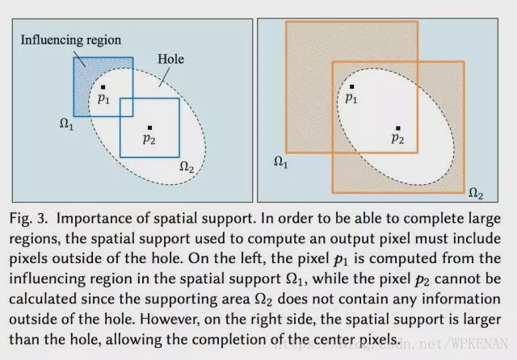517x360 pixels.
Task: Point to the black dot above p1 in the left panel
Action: (x=103, y=86)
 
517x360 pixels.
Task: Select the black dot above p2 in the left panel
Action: (x=149, y=128)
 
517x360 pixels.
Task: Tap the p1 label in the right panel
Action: (x=351, y=98)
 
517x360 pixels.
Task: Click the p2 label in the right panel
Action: (x=397, y=139)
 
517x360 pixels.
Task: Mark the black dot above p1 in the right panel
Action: (x=351, y=86)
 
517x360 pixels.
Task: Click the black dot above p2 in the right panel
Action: (x=397, y=128)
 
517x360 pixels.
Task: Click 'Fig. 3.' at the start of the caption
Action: (x=30, y=220)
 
